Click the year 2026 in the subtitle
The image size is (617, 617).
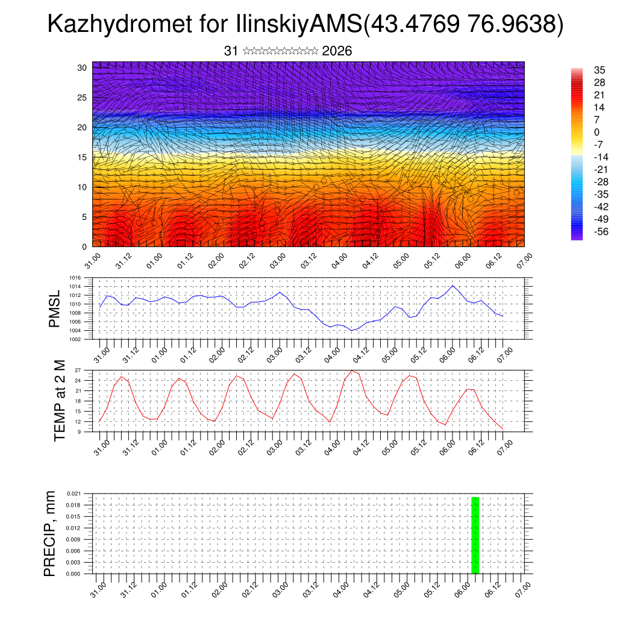337,51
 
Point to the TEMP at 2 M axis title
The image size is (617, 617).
59,400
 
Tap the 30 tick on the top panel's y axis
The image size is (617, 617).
82,67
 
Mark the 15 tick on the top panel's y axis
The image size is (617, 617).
82,157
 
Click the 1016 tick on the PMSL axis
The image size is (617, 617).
75,278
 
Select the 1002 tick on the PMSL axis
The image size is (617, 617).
75,339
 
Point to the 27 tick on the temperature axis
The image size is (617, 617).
78,371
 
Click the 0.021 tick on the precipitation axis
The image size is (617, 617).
74,493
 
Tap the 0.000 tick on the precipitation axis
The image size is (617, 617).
74,574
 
